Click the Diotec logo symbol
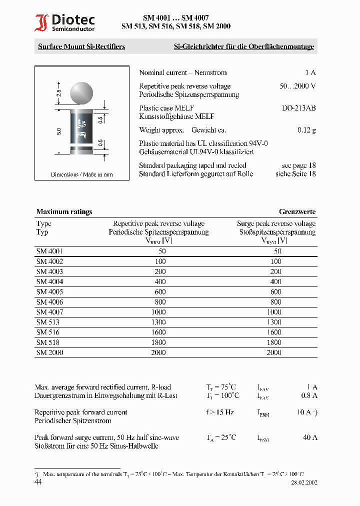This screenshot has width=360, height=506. click(x=41, y=23)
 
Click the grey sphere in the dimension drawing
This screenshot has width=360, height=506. click(x=81, y=92)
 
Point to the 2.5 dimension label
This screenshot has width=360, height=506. click(x=58, y=93)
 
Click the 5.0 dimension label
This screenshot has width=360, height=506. click(x=58, y=131)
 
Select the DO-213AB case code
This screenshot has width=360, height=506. click(x=298, y=108)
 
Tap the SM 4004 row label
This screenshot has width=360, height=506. click(x=49, y=281)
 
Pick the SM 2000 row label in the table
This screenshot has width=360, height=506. click(x=49, y=352)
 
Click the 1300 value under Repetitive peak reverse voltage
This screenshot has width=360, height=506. click(x=158, y=322)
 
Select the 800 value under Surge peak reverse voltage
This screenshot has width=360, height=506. click(x=275, y=302)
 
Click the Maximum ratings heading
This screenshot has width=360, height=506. click(x=64, y=212)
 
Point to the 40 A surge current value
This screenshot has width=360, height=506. click(x=310, y=437)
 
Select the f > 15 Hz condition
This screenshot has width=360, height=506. click(x=219, y=412)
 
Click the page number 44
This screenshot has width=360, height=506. click(x=38, y=482)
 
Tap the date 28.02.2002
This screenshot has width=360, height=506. click(x=304, y=483)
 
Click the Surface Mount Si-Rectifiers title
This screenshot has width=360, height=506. click(x=81, y=47)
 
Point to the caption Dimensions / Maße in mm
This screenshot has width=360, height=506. click(x=81, y=174)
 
